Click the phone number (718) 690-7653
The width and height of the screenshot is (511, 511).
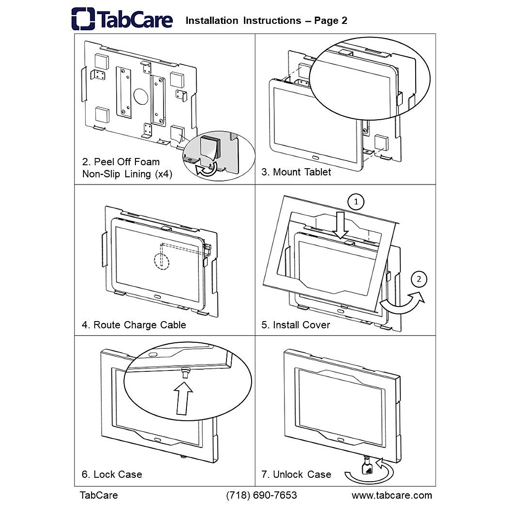[261, 495]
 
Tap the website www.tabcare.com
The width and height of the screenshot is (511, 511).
[391, 495]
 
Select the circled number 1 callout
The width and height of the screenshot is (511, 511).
[356, 202]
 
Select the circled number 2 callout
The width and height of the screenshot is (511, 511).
[419, 279]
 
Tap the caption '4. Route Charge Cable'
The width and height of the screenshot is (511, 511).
[134, 325]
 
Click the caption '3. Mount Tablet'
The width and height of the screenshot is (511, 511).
[296, 172]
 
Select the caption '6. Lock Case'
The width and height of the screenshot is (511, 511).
[112, 474]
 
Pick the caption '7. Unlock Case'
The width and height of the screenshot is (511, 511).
[296, 474]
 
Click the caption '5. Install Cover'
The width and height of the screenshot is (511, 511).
[296, 325]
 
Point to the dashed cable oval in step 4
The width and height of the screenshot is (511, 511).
[161, 258]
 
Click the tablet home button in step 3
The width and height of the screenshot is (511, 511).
[316, 158]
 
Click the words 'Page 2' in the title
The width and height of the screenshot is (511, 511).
[330, 20]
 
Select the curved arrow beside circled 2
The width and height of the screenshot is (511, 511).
[402, 303]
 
